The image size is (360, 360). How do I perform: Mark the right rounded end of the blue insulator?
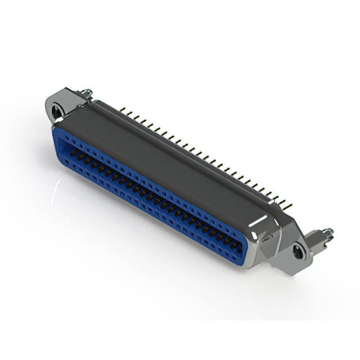pyautogui.click(x=247, y=251)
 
